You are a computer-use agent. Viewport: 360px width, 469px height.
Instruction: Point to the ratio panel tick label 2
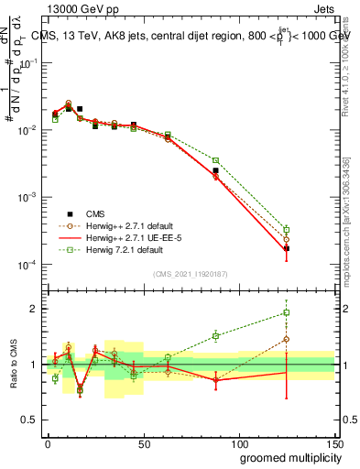click(x=32, y=309)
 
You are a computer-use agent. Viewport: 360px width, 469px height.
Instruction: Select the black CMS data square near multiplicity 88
click(x=216, y=170)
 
